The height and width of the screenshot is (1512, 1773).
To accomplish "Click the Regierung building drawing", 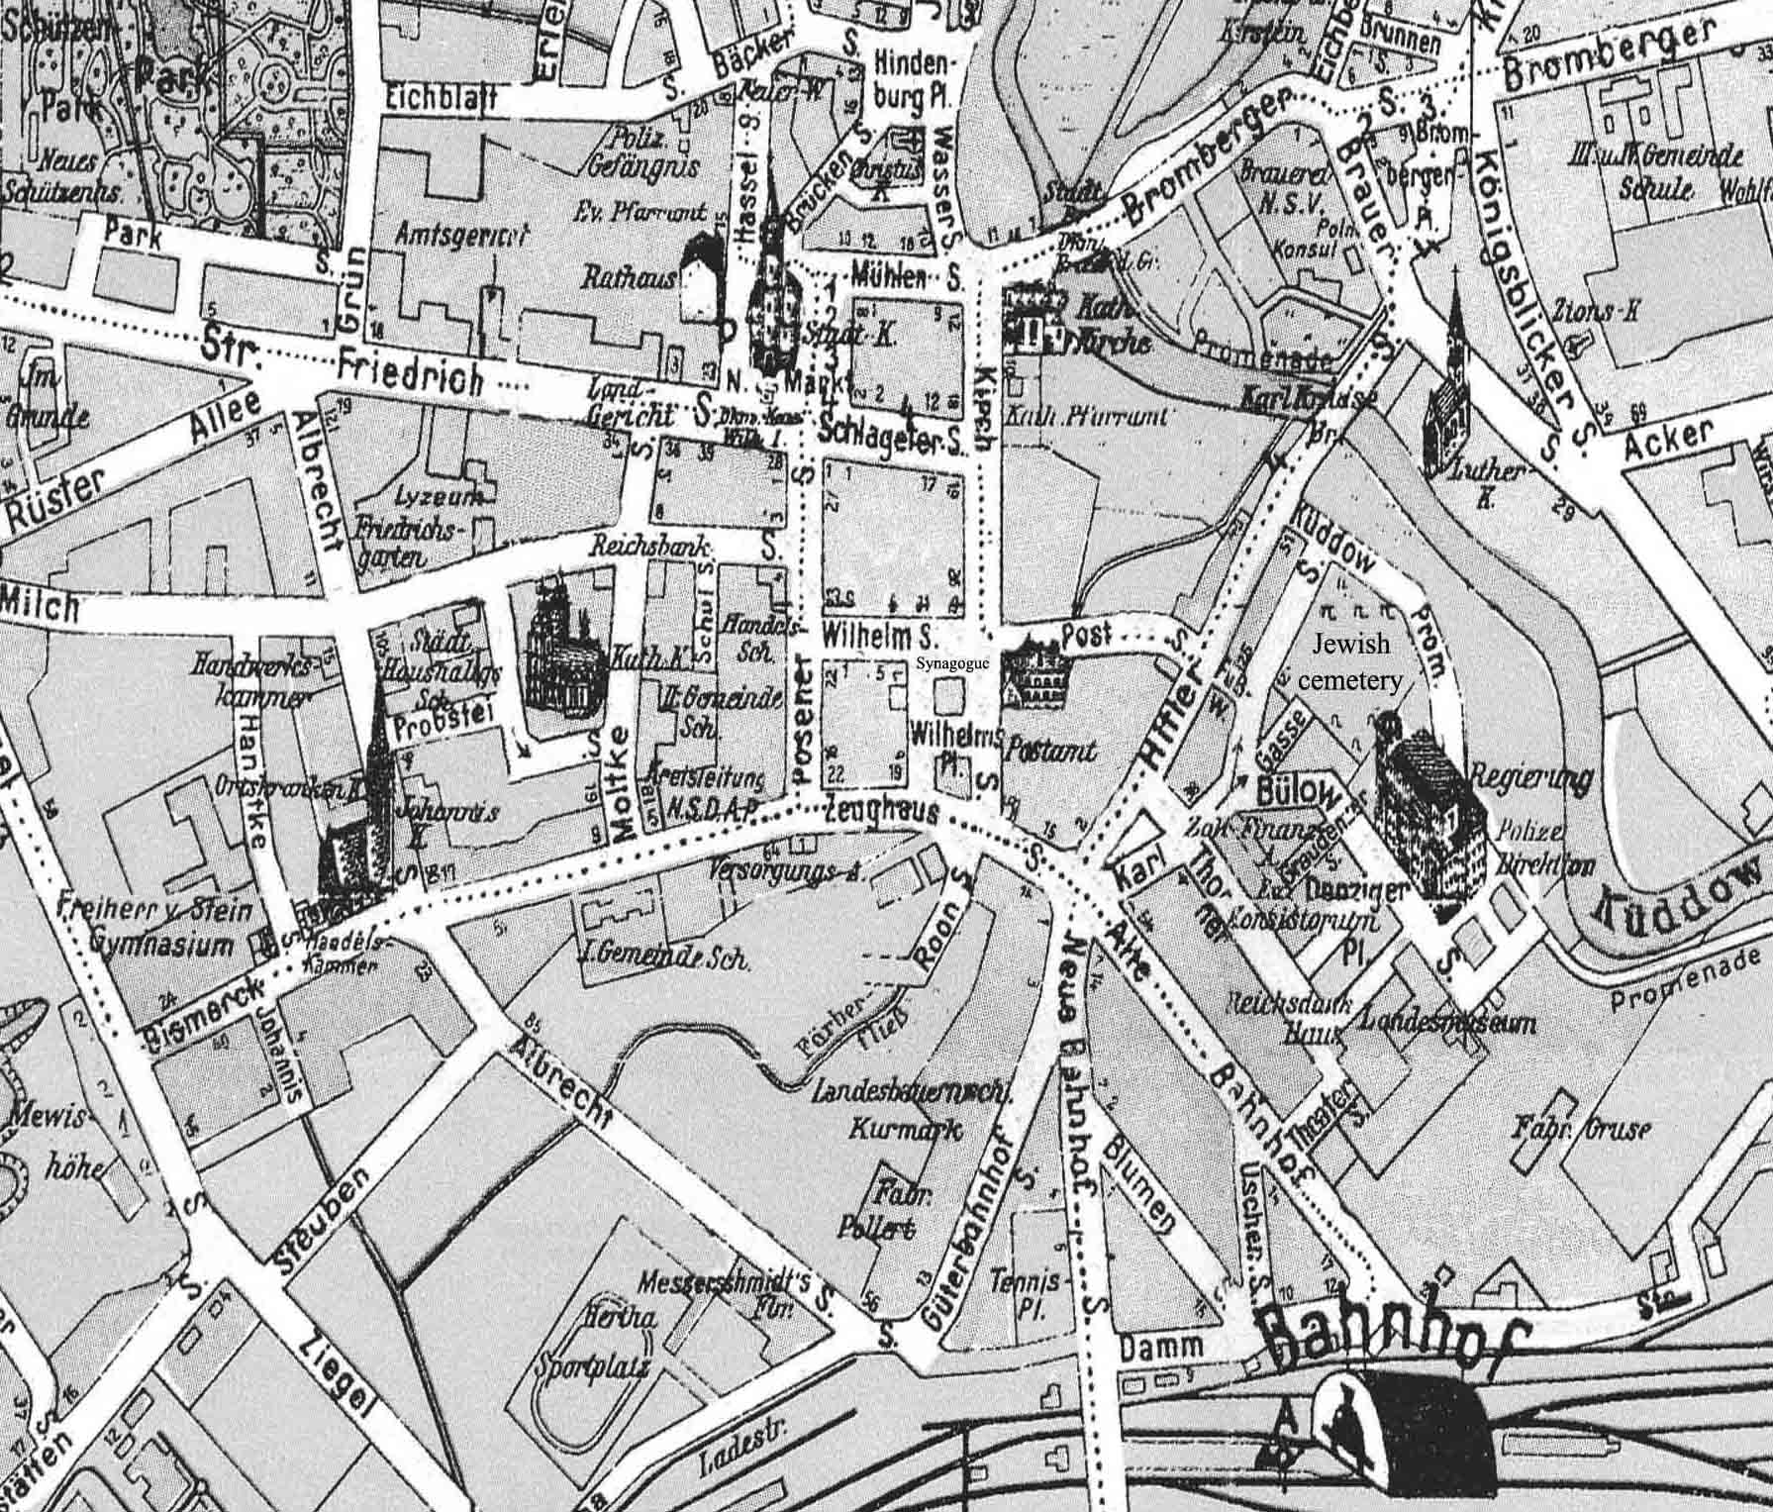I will [1429, 807].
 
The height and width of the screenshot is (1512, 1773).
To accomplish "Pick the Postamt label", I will [1050, 752].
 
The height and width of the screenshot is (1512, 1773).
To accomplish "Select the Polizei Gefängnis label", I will [645, 154].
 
